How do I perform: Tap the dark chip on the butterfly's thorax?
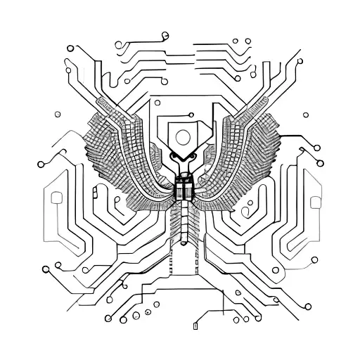pyautogui.click(x=184, y=188)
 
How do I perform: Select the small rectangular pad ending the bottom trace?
pyautogui.click(x=195, y=326)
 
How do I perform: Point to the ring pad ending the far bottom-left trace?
pyautogui.click(x=46, y=268)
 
